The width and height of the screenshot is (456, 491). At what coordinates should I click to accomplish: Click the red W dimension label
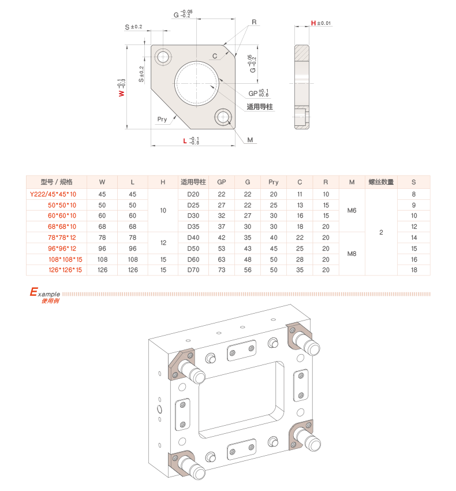tap(121, 94)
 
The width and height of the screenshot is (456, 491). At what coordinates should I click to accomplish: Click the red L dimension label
tap(185, 141)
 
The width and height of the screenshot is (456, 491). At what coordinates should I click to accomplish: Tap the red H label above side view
tap(313, 23)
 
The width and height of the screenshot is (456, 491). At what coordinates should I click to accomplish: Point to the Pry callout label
tap(162, 119)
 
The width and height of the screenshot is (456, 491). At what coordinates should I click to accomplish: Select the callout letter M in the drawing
tap(250, 140)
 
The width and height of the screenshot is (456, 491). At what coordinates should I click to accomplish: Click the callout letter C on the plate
tap(215, 56)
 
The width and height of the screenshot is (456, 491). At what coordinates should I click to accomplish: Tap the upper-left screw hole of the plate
tap(163, 57)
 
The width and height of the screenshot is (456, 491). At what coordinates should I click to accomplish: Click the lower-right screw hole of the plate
tap(223, 117)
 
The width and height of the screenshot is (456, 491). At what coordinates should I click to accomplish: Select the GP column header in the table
tap(222, 182)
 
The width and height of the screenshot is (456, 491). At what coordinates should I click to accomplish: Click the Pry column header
tap(274, 182)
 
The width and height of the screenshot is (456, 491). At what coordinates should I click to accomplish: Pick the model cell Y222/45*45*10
tap(53, 194)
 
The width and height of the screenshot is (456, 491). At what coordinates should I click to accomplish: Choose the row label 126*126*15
tap(65, 270)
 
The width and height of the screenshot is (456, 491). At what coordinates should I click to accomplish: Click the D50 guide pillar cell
tap(193, 248)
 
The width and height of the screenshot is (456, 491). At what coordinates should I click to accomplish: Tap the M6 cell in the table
tap(352, 210)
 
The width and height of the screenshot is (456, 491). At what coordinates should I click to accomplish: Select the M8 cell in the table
tap(352, 254)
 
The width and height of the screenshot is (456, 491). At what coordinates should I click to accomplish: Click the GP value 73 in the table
tap(222, 270)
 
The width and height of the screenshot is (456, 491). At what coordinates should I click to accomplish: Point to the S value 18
tap(414, 270)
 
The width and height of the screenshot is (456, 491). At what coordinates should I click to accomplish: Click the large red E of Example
tap(33, 292)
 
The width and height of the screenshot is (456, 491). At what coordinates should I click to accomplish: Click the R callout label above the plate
tap(254, 22)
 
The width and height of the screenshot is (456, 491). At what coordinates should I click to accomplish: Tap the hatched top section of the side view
tap(302, 53)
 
